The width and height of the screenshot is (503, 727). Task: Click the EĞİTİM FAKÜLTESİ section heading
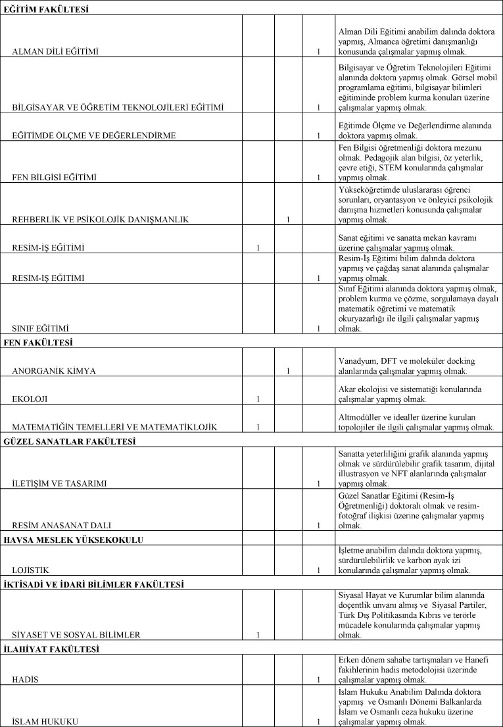(x=47, y=9)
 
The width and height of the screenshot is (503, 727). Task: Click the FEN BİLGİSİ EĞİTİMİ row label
(x=54, y=177)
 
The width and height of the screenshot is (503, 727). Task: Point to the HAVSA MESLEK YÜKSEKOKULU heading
(x=74, y=540)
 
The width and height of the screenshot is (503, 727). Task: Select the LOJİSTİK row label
(x=31, y=570)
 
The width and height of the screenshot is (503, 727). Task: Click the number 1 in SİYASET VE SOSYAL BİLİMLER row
(x=258, y=635)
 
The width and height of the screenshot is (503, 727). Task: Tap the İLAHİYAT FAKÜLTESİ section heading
(x=51, y=649)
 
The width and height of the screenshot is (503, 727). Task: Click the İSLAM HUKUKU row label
(x=45, y=721)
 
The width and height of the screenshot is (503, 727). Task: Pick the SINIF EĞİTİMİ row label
(x=41, y=328)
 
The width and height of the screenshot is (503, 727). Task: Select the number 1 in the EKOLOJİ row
(x=258, y=399)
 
